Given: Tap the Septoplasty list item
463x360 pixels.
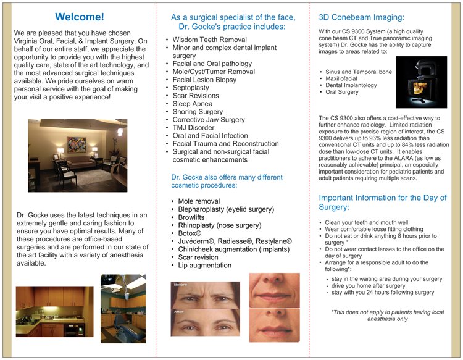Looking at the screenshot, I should [x=194, y=88].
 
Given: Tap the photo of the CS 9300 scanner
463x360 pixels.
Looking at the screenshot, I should [x=421, y=82].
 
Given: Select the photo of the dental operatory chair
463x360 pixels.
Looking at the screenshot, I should [x=123, y=309].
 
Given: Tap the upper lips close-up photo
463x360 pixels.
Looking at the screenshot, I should [x=275, y=290].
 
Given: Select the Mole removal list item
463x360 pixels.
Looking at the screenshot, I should [x=199, y=201].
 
